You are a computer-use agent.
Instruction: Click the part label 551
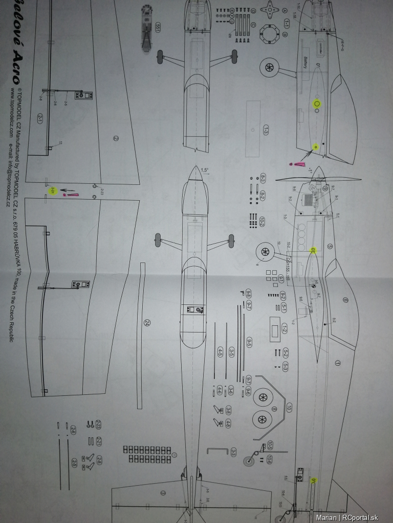[158, 28]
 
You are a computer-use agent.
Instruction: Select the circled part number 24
[147, 323]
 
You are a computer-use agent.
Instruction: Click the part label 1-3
[266, 130]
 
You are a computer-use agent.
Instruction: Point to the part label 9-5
[249, 343]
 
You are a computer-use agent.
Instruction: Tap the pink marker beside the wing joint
[71, 194]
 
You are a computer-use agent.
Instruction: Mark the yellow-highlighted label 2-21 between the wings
[52, 191]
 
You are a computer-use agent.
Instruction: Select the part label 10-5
[270, 444]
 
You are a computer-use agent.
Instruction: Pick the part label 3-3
[233, 452]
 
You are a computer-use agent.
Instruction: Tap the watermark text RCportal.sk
[365, 517]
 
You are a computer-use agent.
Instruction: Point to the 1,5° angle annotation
[205, 170]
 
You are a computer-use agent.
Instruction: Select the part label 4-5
[220, 352]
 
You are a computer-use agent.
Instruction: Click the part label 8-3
[263, 178]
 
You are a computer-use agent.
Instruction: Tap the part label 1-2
[283, 329]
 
